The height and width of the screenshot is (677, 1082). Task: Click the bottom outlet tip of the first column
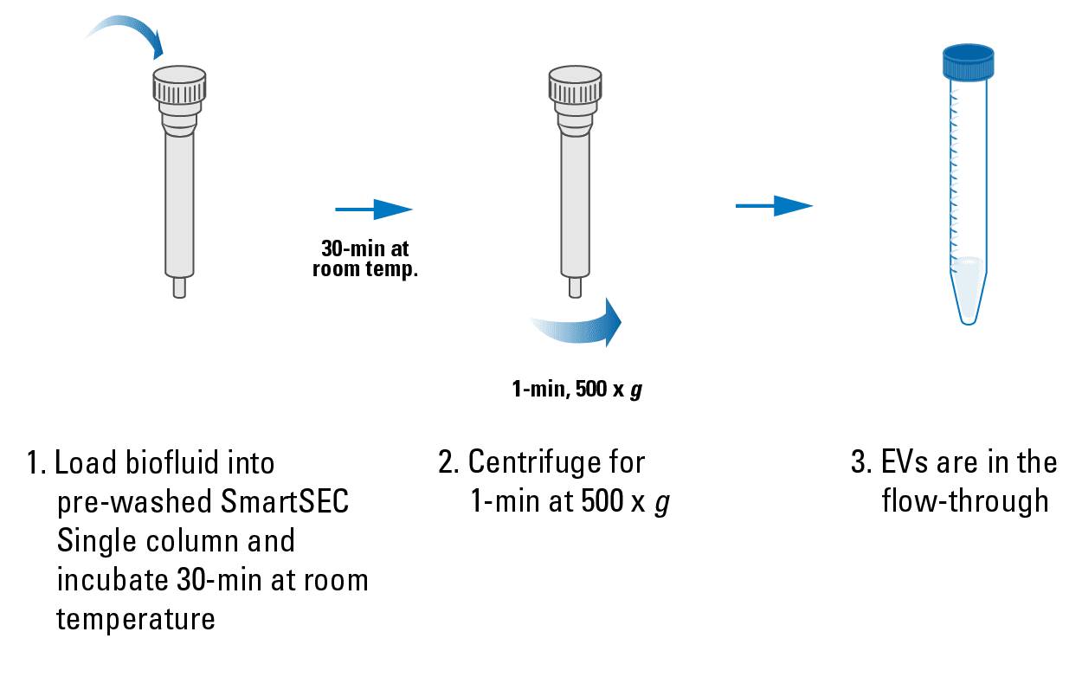(x=179, y=287)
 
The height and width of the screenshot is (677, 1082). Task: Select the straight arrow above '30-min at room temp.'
(x=373, y=209)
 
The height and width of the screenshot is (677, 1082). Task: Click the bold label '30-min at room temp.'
(x=364, y=259)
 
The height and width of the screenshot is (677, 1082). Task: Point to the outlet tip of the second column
(x=575, y=287)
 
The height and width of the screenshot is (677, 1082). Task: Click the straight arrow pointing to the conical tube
(x=774, y=206)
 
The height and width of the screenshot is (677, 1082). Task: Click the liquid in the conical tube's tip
(x=969, y=286)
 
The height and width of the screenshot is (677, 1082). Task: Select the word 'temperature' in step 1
(x=136, y=619)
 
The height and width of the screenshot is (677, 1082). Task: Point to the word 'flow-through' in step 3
(x=965, y=502)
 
